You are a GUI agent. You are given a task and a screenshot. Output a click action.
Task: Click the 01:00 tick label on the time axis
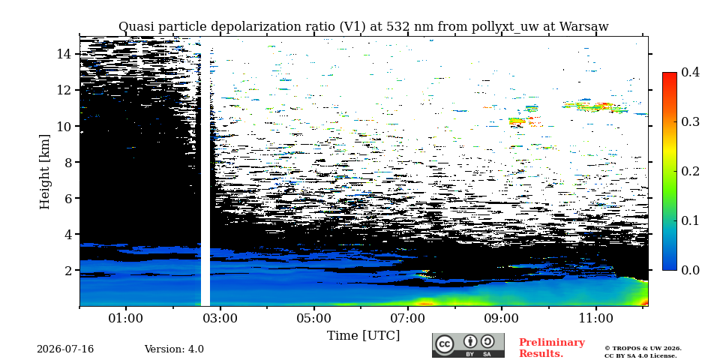(x=126, y=318)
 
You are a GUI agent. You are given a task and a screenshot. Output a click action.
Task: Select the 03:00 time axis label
(x=220, y=318)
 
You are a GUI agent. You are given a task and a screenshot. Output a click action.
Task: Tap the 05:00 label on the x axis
(x=314, y=318)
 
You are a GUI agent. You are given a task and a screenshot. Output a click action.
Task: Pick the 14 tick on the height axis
(x=63, y=54)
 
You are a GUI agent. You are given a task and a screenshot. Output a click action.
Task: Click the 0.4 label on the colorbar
(x=690, y=72)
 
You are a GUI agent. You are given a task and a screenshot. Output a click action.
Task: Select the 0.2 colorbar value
(x=690, y=171)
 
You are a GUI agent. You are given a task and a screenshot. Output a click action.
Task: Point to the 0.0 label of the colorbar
(x=690, y=270)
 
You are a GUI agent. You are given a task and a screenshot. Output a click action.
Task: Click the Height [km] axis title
(x=44, y=172)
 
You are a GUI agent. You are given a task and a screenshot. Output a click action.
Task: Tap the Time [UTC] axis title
(x=363, y=336)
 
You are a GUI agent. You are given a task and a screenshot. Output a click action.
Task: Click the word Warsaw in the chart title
(x=583, y=27)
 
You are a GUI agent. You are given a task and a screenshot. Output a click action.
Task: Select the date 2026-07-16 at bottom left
(x=65, y=349)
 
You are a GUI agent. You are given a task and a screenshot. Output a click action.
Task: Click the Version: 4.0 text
(x=174, y=349)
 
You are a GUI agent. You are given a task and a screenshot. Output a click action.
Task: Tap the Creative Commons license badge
(x=468, y=345)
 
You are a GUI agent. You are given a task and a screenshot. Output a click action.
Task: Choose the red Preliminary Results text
(x=552, y=348)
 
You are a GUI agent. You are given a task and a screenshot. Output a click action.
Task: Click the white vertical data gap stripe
(x=205, y=177)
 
